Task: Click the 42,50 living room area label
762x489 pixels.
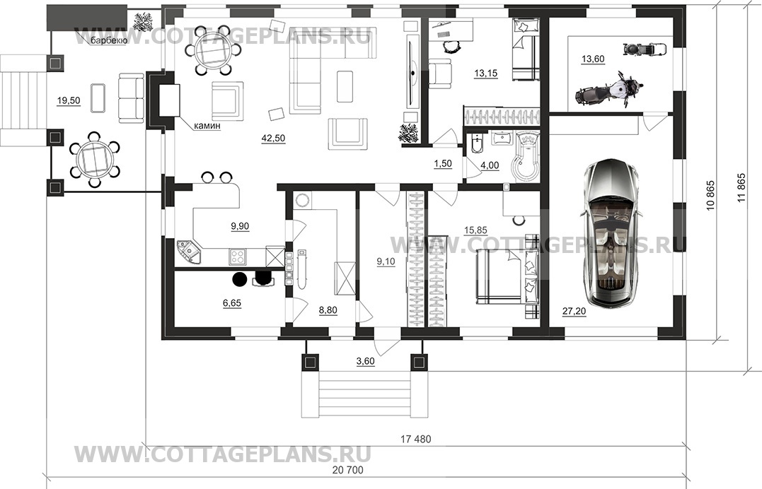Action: click(x=273, y=139)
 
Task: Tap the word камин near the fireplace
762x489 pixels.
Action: click(x=207, y=126)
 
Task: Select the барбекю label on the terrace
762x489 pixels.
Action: click(x=109, y=41)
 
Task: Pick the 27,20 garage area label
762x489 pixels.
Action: click(x=574, y=311)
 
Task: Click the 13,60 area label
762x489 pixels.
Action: click(x=593, y=59)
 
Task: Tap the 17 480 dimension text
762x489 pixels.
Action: click(x=415, y=440)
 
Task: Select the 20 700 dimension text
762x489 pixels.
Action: click(x=348, y=470)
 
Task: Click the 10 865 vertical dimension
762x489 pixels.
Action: click(x=710, y=195)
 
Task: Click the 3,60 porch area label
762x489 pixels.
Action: click(x=366, y=361)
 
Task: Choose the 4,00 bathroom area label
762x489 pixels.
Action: click(x=490, y=165)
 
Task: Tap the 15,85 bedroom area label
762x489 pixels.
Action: click(x=475, y=230)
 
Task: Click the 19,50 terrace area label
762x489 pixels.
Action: click(x=69, y=101)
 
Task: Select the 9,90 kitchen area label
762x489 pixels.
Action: click(x=240, y=226)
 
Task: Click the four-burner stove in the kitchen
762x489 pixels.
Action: click(x=237, y=256)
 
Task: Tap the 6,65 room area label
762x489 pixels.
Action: click(x=232, y=303)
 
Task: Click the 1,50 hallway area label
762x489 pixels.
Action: click(x=443, y=164)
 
